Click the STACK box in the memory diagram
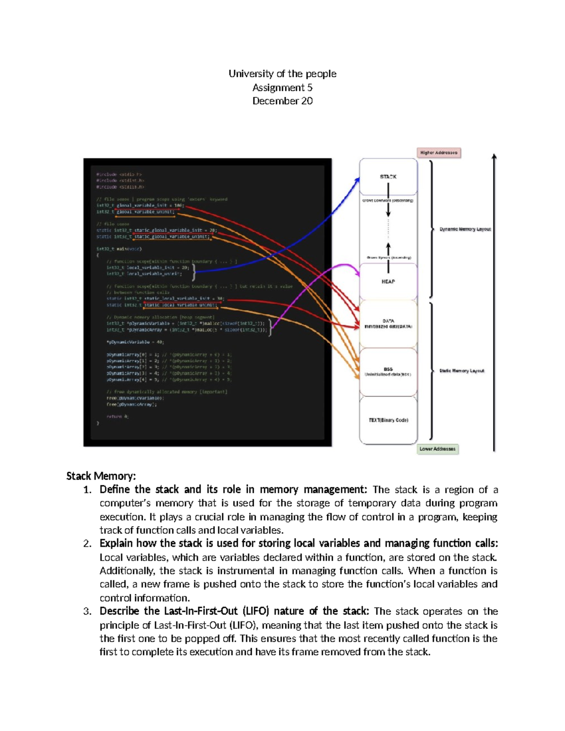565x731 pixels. point(388,177)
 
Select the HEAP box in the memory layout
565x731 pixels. point(388,281)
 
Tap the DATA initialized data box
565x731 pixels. point(388,323)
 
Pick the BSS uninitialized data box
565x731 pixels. point(388,372)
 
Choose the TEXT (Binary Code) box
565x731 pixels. point(388,420)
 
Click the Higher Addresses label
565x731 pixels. point(438,153)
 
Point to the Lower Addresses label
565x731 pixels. point(437,449)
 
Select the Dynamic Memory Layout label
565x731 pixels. point(465,229)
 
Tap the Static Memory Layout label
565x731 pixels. point(461,371)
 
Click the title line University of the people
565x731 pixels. point(282,73)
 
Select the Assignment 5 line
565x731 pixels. point(282,88)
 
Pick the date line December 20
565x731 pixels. point(282,101)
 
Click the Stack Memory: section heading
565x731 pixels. point(101,476)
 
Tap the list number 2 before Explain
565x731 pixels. point(87,544)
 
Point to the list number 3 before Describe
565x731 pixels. point(87,611)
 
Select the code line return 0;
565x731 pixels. point(117,417)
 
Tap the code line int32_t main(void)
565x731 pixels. point(119,249)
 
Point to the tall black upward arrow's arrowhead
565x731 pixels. point(494,156)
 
